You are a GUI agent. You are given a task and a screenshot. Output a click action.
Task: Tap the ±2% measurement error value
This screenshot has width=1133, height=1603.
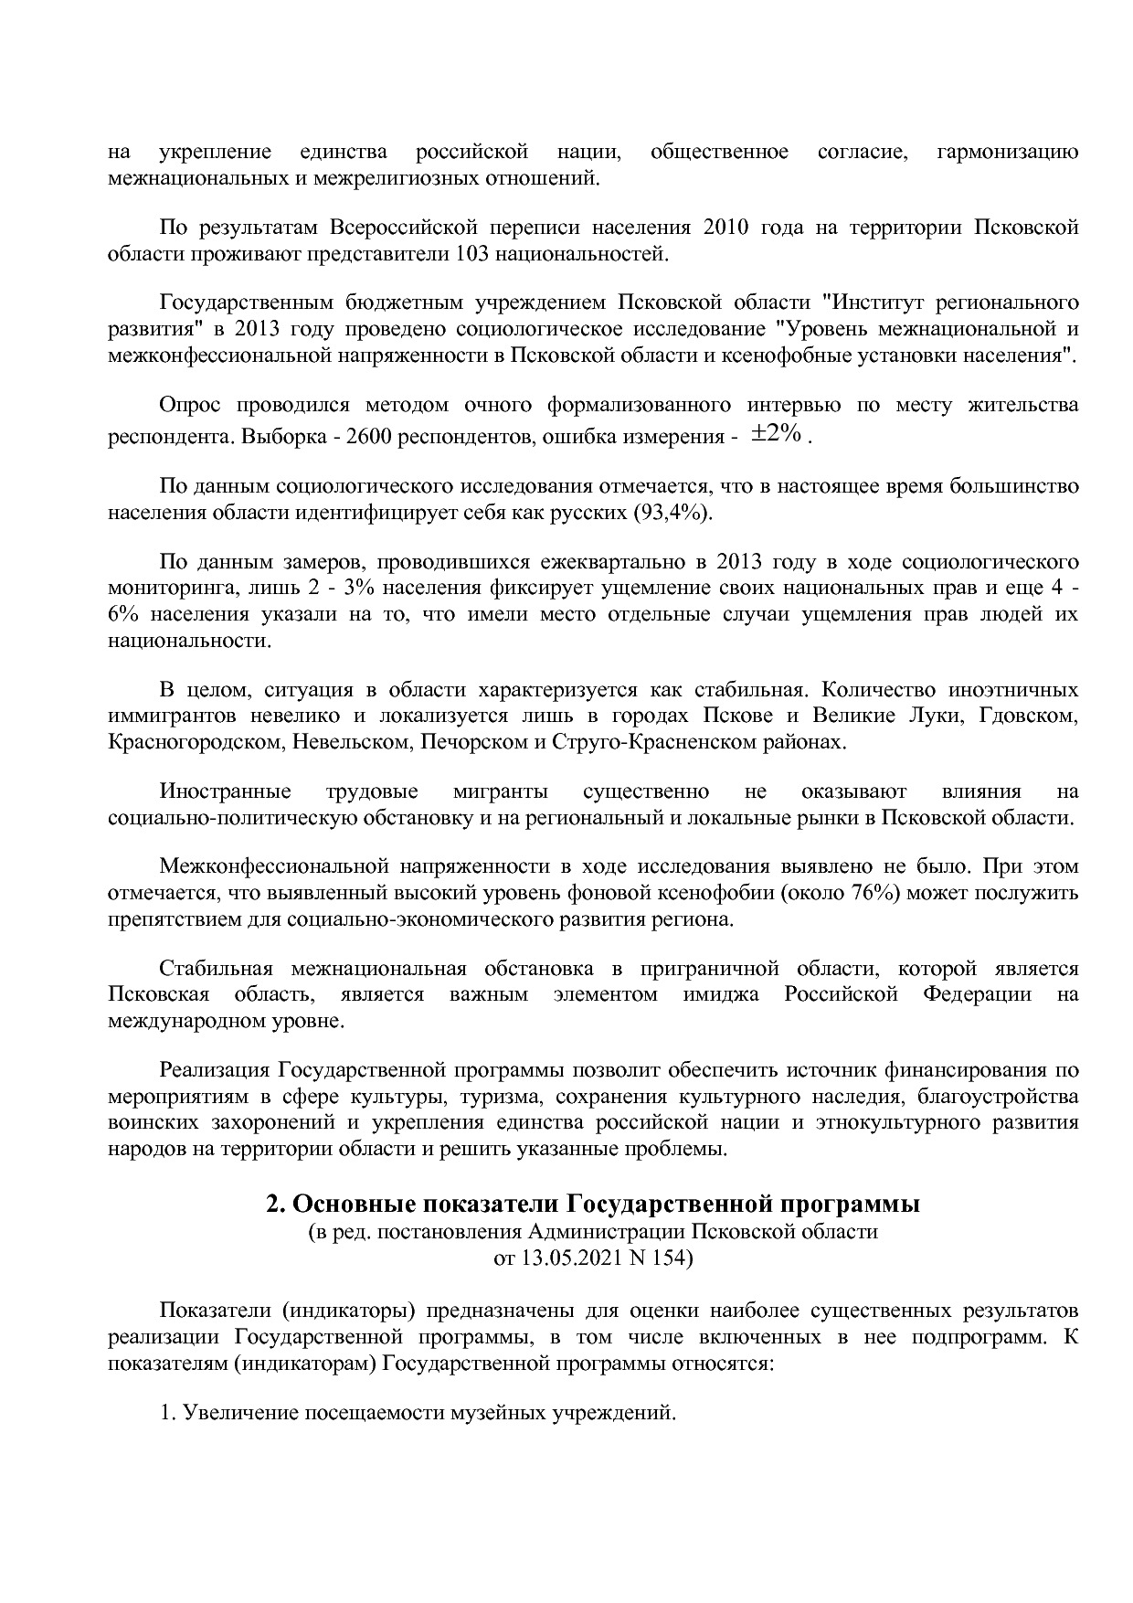pos(777,434)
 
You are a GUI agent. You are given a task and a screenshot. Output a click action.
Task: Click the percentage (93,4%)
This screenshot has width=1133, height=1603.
pos(672,512)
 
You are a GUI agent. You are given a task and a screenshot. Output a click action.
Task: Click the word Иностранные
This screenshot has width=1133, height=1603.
pos(226,791)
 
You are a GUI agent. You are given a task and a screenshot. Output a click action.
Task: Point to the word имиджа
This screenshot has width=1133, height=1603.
pos(721,994)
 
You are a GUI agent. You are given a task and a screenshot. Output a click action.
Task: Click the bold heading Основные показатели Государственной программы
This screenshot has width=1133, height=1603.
pos(593,1205)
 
